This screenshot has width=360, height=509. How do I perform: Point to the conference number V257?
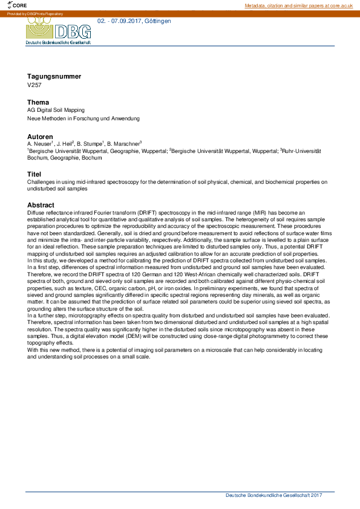click(x=34, y=85)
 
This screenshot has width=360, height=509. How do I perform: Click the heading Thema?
click(x=38, y=102)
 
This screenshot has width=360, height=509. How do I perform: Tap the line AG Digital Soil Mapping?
click(x=56, y=111)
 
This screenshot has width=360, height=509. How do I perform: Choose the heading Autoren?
click(x=40, y=137)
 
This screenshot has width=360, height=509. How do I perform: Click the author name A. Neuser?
click(x=39, y=144)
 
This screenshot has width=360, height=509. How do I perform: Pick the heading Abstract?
click(x=41, y=205)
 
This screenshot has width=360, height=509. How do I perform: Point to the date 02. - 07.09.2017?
click(x=120, y=21)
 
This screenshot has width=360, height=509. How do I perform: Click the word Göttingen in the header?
click(x=158, y=21)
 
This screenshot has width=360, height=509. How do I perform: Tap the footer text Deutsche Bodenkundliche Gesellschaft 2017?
click(x=273, y=495)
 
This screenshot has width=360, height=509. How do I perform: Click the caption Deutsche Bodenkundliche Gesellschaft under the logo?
click(x=58, y=44)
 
